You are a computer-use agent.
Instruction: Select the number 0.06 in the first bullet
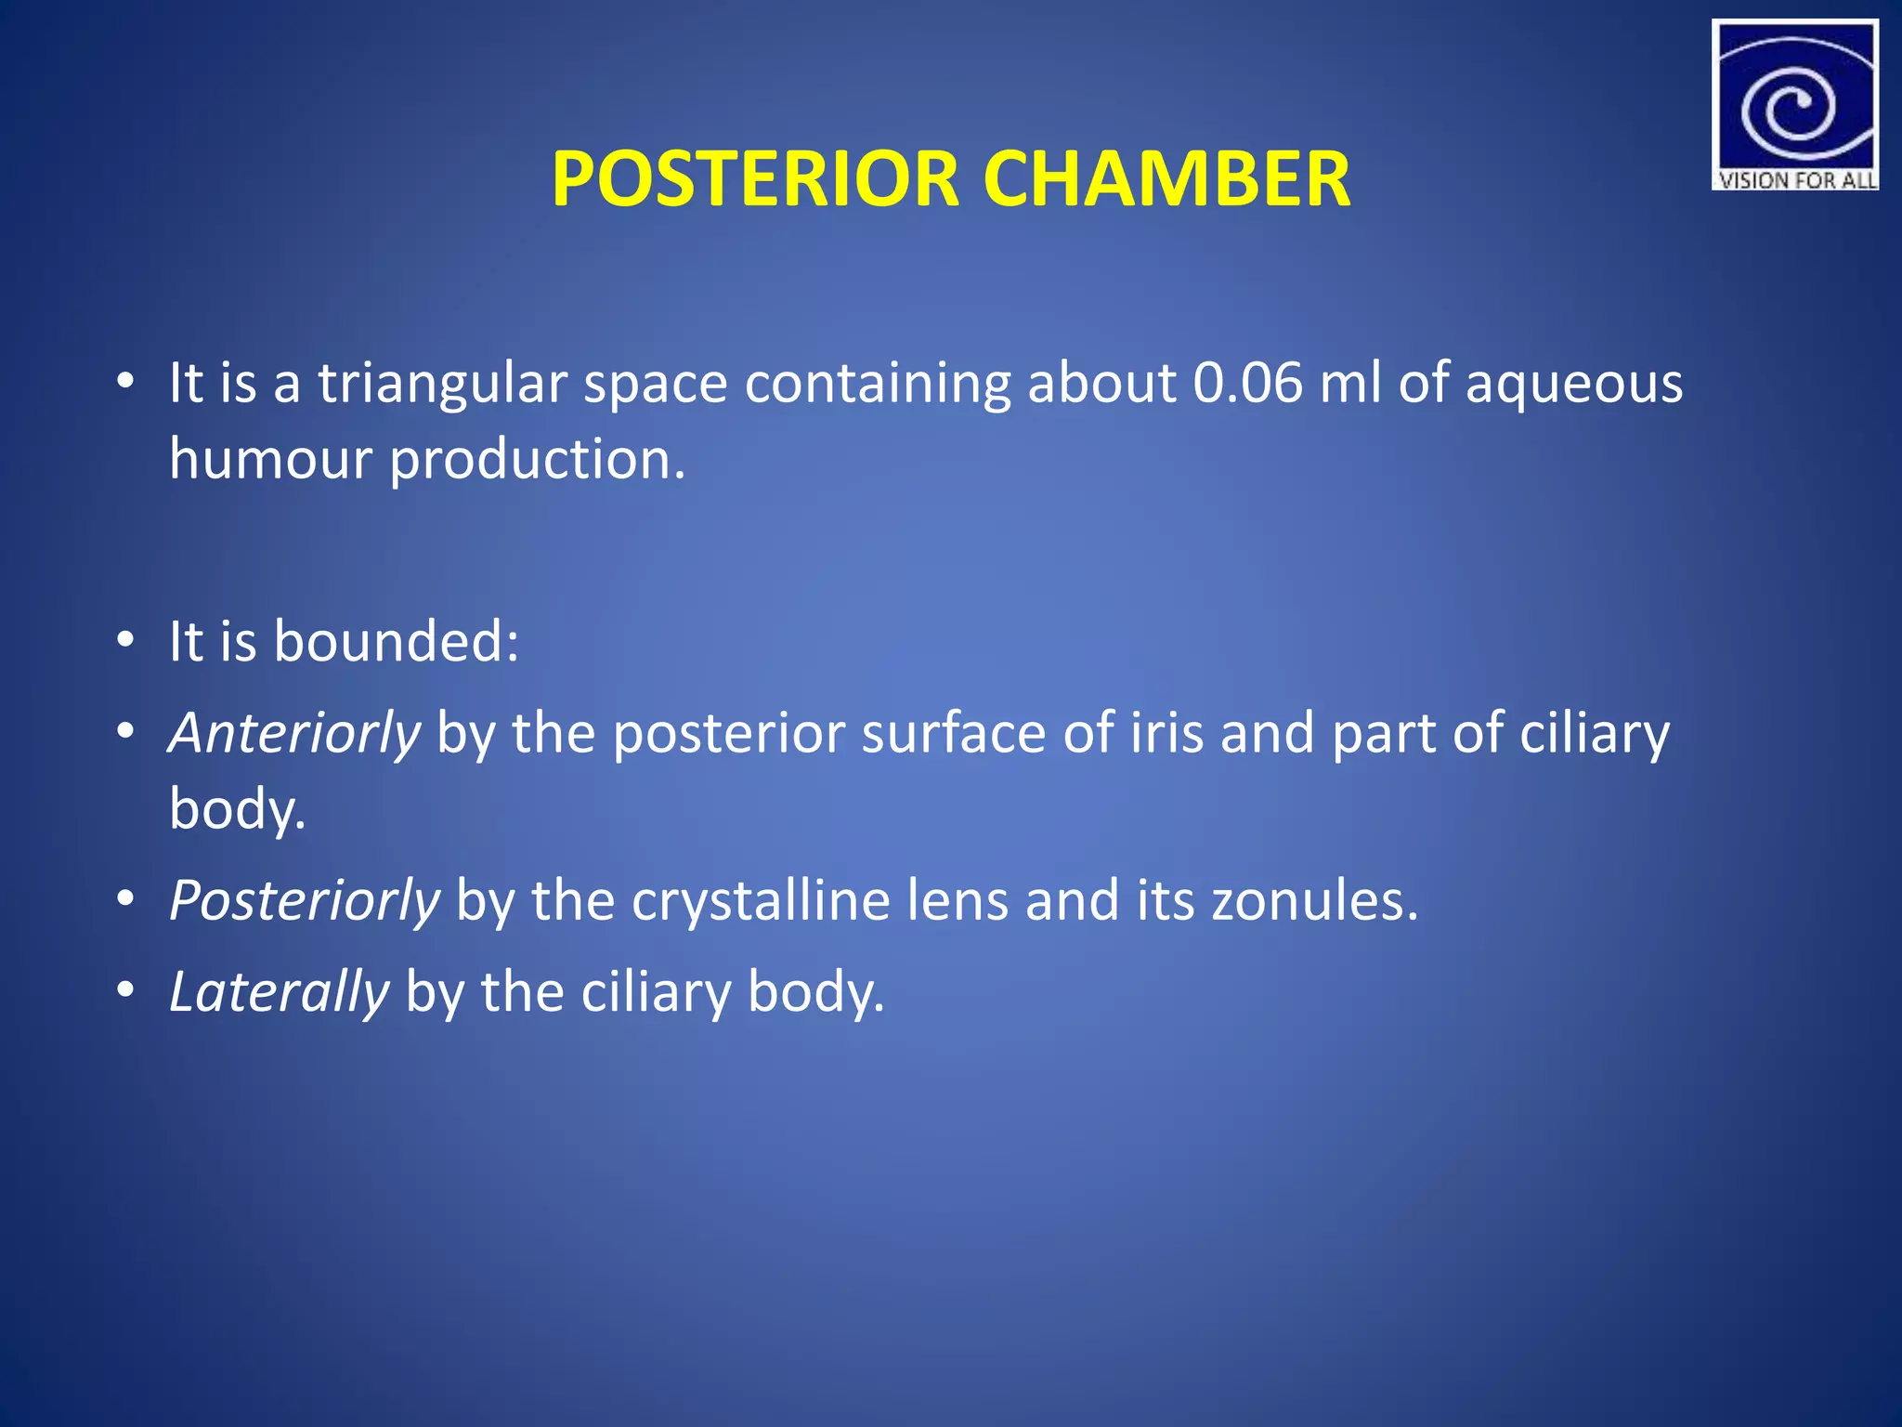[1247, 383]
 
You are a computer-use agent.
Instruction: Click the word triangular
[442, 385]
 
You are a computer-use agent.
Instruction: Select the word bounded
[396, 641]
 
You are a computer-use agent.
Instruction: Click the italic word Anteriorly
[294, 734]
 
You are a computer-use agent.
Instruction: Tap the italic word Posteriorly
[304, 901]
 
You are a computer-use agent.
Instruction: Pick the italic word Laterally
[279, 992]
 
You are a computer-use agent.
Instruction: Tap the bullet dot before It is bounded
[127, 641]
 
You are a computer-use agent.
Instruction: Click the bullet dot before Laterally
[127, 991]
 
